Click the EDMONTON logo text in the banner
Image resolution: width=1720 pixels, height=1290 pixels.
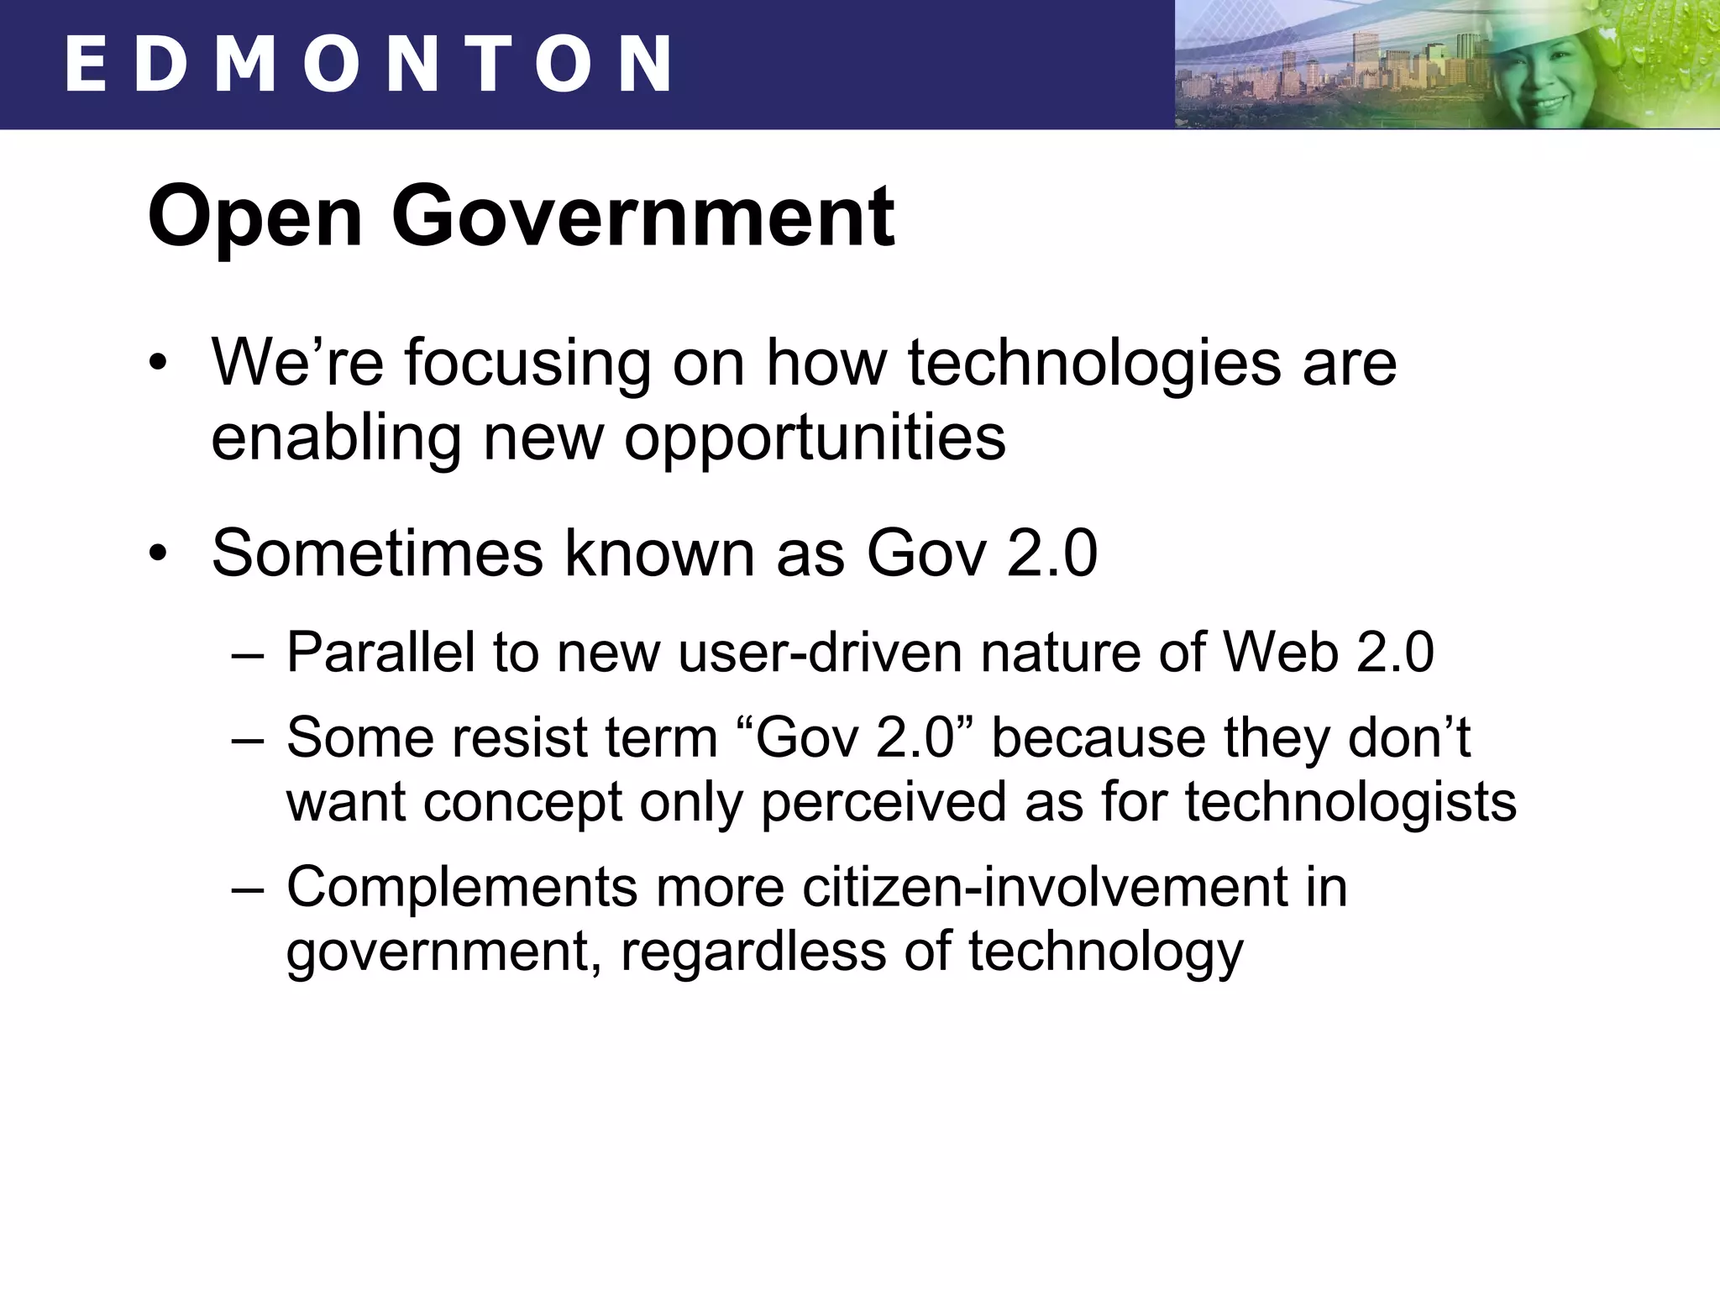(368, 64)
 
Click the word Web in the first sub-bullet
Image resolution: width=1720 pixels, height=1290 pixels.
(1280, 653)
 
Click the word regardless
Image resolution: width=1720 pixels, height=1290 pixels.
(753, 953)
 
